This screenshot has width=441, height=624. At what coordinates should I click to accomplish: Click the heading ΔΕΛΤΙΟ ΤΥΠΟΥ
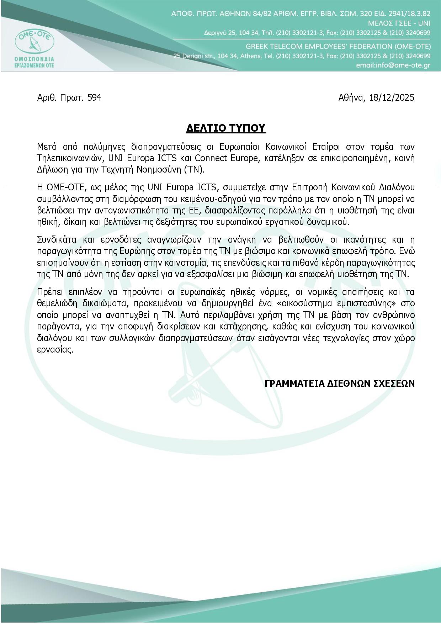[x=226, y=128]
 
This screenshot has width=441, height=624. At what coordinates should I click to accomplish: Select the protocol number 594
[x=94, y=97]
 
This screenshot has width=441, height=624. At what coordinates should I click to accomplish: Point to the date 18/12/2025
[x=392, y=97]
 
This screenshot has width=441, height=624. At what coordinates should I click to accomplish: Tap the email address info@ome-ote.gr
[x=393, y=65]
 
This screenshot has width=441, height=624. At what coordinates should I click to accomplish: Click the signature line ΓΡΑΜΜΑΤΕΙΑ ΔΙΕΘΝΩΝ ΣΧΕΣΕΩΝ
[x=340, y=383]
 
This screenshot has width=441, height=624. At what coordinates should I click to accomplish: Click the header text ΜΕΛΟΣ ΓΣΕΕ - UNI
[x=399, y=23]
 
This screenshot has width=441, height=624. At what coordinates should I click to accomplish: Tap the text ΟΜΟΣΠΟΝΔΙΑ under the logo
[x=34, y=58]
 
